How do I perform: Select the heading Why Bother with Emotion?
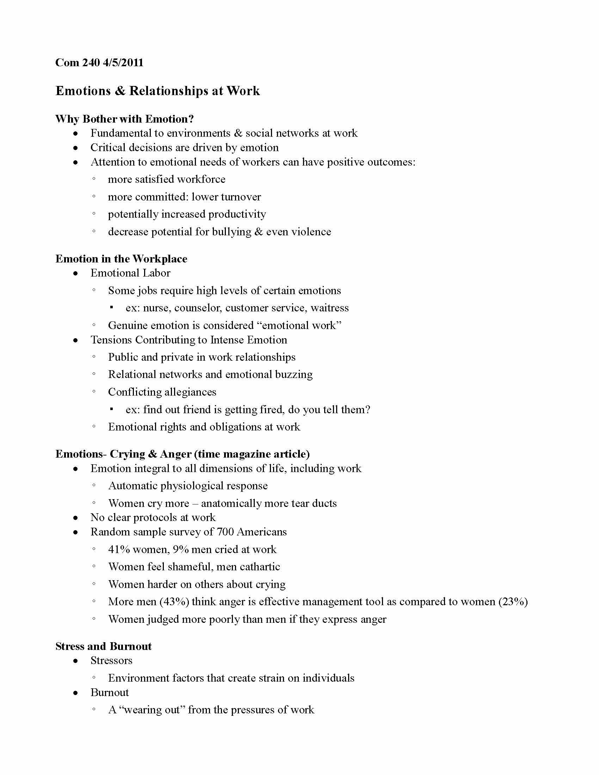click(x=124, y=119)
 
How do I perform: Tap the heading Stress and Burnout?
click(x=104, y=646)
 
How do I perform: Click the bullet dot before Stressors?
click(x=76, y=661)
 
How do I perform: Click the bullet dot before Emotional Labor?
click(x=76, y=273)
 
